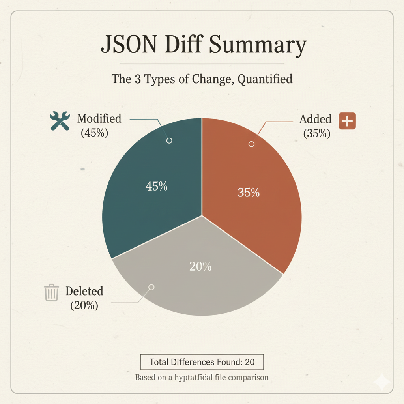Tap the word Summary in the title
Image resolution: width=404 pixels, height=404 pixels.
257,46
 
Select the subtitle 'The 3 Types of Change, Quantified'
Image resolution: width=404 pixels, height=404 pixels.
202,79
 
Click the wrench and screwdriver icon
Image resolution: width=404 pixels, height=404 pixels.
60,120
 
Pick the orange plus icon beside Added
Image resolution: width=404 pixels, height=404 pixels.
347,121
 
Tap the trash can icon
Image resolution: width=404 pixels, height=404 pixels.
51,293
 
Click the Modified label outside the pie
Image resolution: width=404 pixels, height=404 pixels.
99,118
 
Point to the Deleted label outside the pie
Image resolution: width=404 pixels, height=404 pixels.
84,291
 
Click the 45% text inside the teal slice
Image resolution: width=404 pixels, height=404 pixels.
156,186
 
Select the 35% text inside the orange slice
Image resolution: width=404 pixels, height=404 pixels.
249,193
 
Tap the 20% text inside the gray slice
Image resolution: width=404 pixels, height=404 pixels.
200,266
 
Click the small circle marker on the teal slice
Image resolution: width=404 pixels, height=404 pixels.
170,140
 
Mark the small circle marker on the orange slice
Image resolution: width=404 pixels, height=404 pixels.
251,144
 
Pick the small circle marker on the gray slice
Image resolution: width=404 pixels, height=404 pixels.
151,287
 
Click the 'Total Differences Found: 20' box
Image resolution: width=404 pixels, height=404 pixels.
202,362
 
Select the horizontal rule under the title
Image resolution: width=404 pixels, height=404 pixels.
202,64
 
